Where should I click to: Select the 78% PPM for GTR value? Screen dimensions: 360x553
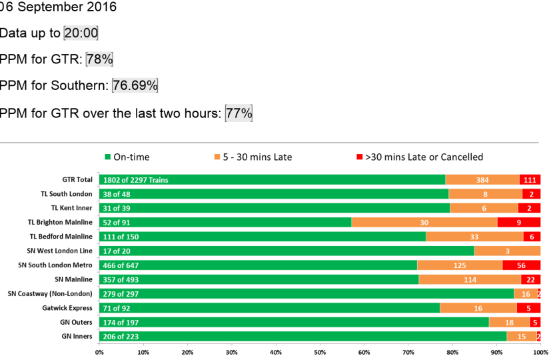pos(99,59)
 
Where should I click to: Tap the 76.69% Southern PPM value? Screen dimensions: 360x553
pos(135,86)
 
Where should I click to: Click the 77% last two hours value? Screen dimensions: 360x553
pos(239,113)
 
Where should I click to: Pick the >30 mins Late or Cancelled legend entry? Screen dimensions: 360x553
pos(420,157)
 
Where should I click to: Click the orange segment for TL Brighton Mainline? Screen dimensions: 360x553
pos(424,222)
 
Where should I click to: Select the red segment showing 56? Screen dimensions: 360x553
pos(521,265)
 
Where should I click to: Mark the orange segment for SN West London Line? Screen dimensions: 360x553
pos(507,251)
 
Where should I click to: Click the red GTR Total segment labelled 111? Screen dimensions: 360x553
pos(530,179)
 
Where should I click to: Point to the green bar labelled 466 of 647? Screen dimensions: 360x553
pos(258,265)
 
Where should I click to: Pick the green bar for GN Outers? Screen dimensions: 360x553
pos(293,322)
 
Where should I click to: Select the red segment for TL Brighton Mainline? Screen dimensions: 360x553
pos(519,222)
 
